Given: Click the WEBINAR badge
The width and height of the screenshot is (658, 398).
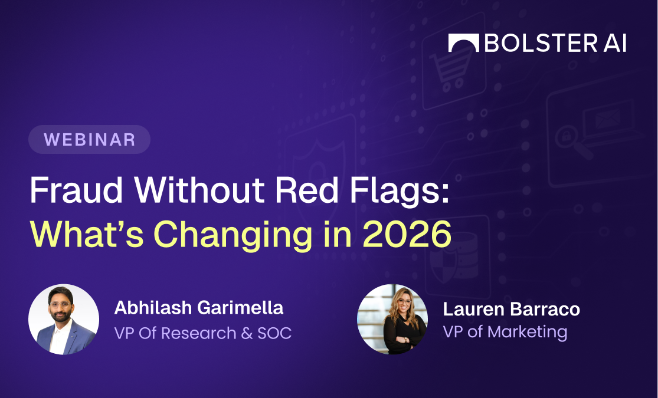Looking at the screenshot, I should (89, 140).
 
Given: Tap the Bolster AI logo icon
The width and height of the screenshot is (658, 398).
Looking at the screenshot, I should (463, 43).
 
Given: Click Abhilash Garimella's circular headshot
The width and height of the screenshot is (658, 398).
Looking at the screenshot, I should (64, 320).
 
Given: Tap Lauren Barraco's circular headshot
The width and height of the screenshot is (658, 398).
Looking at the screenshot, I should (392, 320).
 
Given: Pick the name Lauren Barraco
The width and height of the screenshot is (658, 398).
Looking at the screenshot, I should (512, 308).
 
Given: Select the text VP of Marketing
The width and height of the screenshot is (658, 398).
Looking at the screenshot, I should (505, 331).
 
